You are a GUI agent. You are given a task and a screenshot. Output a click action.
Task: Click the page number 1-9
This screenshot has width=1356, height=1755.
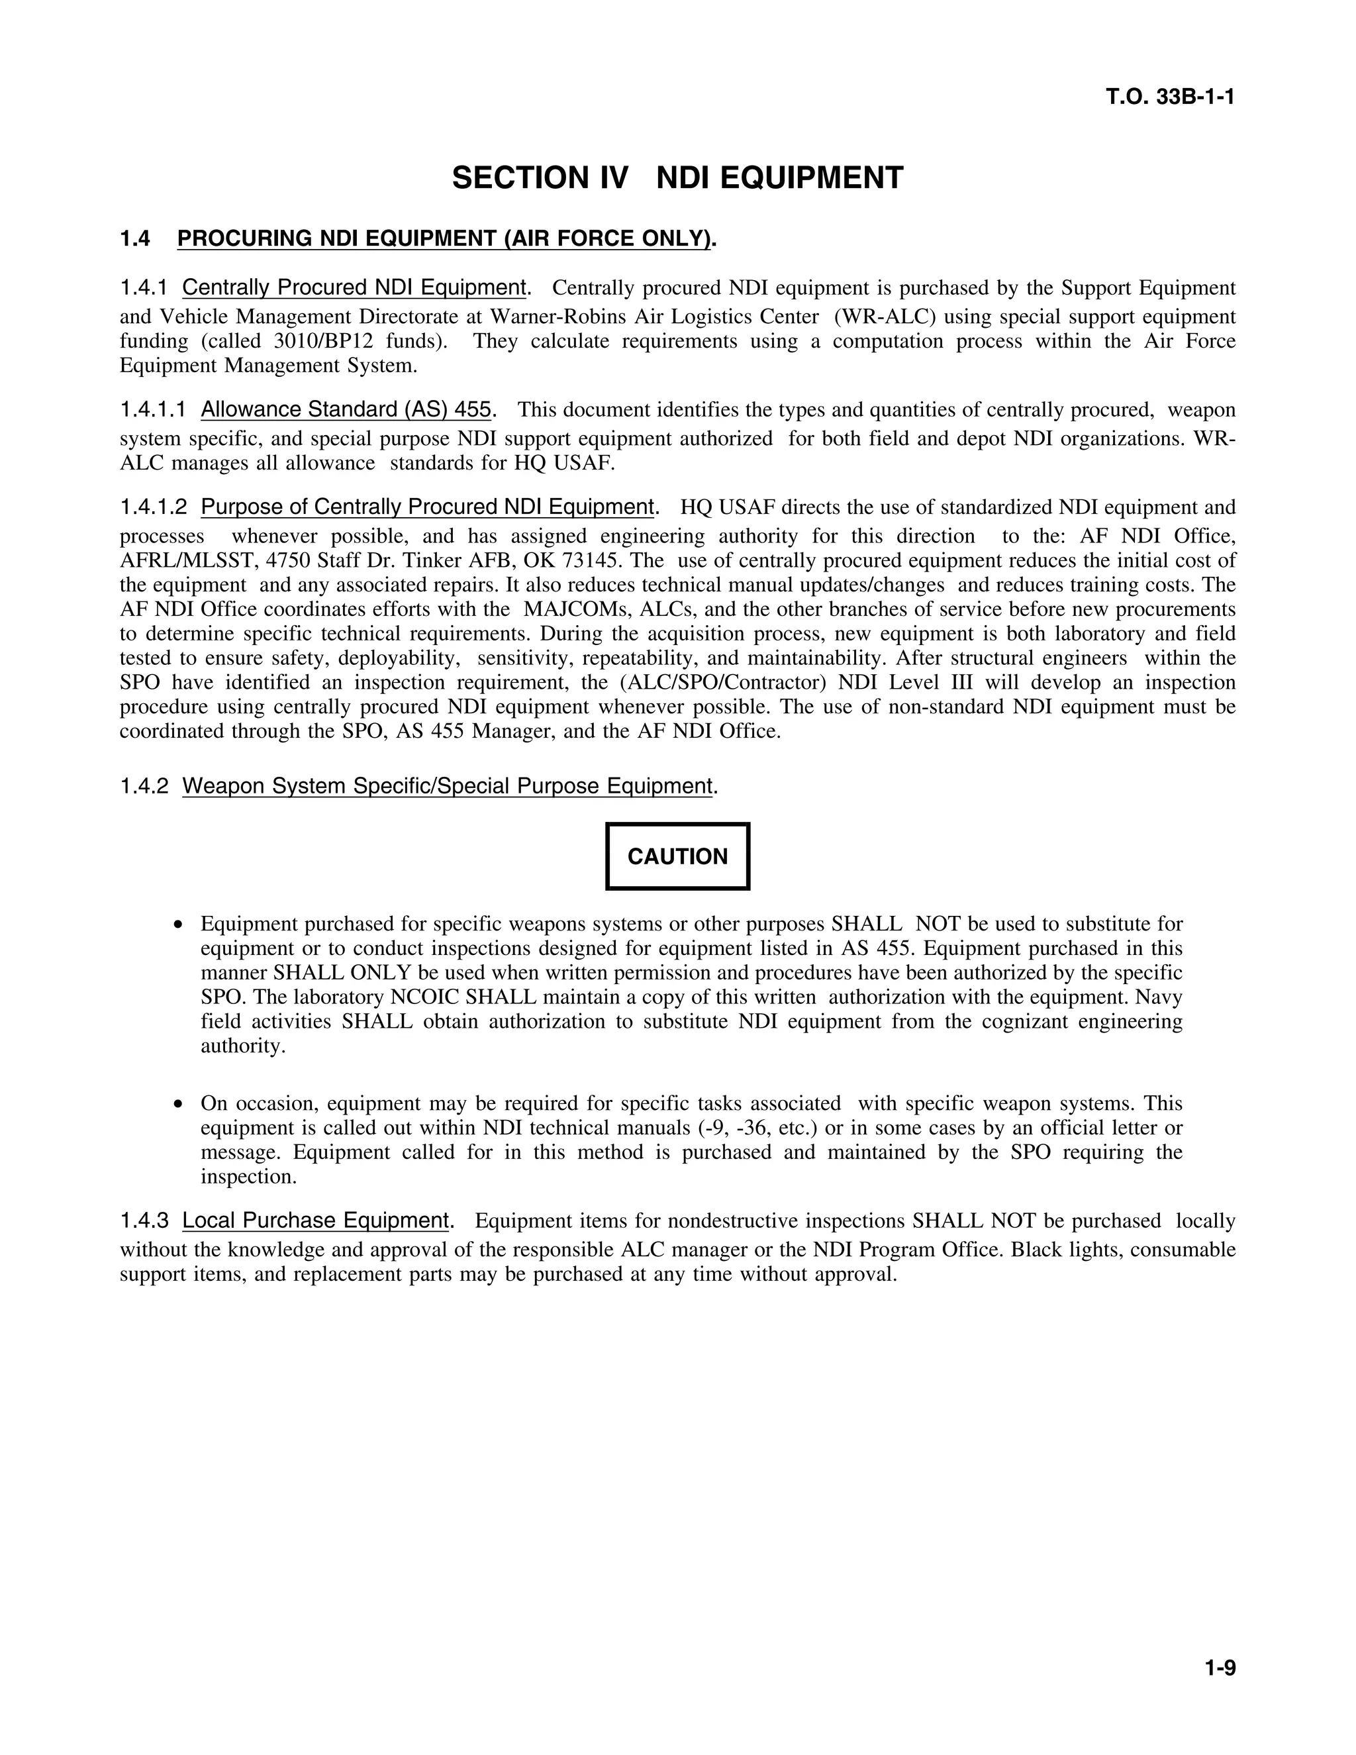(x=1220, y=1668)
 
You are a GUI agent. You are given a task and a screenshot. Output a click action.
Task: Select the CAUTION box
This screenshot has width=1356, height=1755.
(x=677, y=856)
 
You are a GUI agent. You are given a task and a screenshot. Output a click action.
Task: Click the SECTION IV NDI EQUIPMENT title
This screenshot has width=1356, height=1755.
(x=677, y=177)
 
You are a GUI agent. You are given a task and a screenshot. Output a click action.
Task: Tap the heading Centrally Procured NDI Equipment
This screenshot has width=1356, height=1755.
(x=354, y=287)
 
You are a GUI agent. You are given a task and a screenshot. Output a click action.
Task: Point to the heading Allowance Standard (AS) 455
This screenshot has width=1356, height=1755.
(x=346, y=410)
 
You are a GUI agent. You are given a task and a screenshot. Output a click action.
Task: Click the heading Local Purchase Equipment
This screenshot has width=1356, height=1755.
(x=315, y=1221)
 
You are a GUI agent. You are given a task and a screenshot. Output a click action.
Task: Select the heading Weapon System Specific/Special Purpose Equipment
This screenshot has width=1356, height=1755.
(x=448, y=786)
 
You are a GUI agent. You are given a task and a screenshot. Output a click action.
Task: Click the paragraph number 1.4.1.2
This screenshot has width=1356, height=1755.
(x=154, y=508)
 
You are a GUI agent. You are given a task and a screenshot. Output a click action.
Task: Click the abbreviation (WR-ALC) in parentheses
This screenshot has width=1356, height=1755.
(x=885, y=317)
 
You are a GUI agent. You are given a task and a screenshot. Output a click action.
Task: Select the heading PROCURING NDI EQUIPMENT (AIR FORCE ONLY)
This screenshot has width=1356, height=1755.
(x=444, y=238)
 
